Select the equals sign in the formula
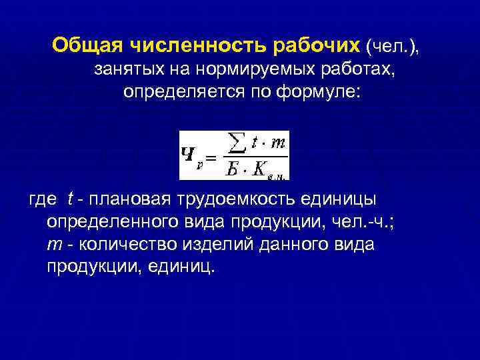pyautogui.click(x=211, y=157)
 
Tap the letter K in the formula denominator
pyautogui.click(x=259, y=169)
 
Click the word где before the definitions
pyautogui.click(x=43, y=199)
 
